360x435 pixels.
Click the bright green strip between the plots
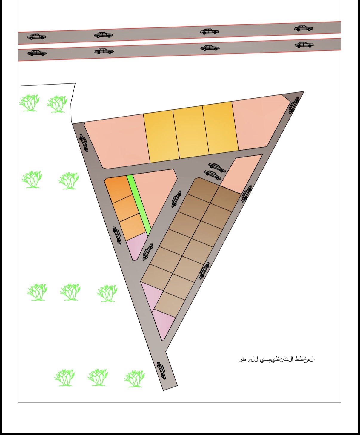[139, 206]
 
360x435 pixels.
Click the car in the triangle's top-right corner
[294, 105]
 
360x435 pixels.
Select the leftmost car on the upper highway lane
[37, 37]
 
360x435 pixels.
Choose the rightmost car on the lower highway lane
[304, 45]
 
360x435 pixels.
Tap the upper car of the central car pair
[217, 167]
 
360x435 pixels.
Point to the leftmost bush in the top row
[29, 103]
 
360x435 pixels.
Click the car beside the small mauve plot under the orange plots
[147, 252]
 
